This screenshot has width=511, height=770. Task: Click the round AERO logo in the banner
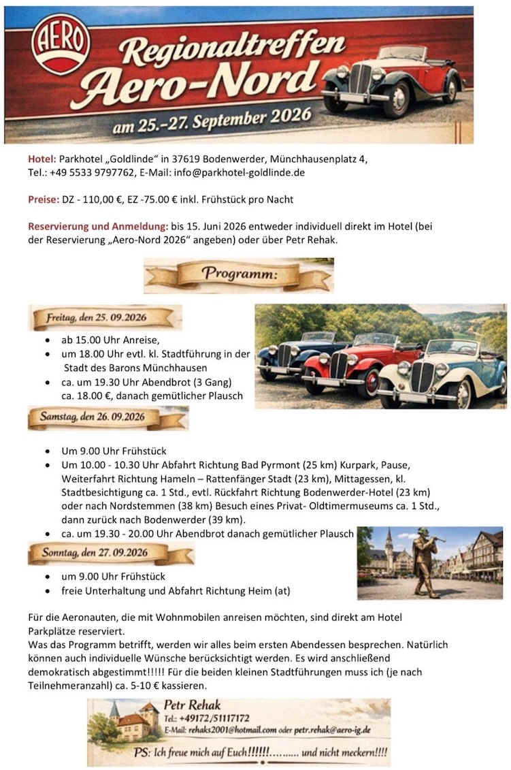point(61,44)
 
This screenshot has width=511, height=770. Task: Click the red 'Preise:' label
point(44,199)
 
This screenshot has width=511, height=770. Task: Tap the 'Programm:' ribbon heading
point(238,275)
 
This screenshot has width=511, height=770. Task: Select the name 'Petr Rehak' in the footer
point(193,705)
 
